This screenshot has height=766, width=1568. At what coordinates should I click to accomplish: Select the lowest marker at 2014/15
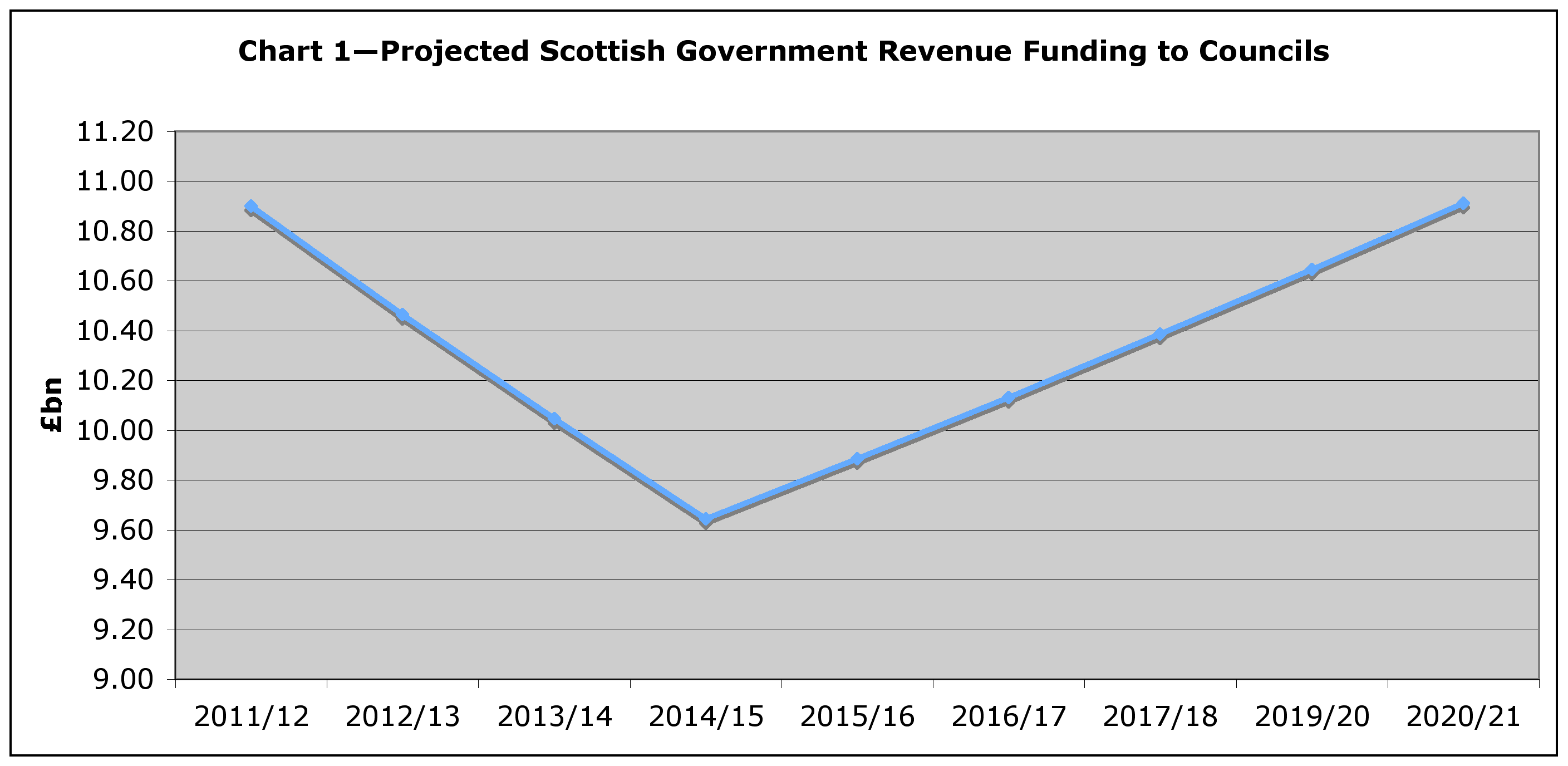coord(705,519)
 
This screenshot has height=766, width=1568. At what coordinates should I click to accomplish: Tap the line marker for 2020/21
coord(1463,204)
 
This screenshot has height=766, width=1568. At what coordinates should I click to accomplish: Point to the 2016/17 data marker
coord(1008,398)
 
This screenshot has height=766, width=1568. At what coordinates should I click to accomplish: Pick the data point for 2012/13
coord(402,316)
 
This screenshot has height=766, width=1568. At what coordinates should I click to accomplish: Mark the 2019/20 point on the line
coord(1312,271)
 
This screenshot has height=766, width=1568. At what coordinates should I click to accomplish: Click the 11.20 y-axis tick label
coord(115,131)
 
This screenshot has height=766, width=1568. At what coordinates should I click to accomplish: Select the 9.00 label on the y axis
coord(122,679)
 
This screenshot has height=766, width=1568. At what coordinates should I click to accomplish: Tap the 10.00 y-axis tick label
coord(115,430)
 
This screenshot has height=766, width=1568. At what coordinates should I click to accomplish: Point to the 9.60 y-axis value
coord(122,531)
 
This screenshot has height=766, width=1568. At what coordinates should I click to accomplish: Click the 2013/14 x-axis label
coord(554,716)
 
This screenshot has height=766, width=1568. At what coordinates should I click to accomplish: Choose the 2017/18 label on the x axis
coord(1160,716)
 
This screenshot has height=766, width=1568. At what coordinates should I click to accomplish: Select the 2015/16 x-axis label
coord(857,716)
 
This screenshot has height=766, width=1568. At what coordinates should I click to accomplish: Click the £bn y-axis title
coord(52,405)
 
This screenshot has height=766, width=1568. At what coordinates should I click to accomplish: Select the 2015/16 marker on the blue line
coord(857,459)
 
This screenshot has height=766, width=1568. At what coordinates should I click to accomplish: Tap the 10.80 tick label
coord(115,232)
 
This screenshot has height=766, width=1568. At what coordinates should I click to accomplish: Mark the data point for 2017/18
coord(1160,334)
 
